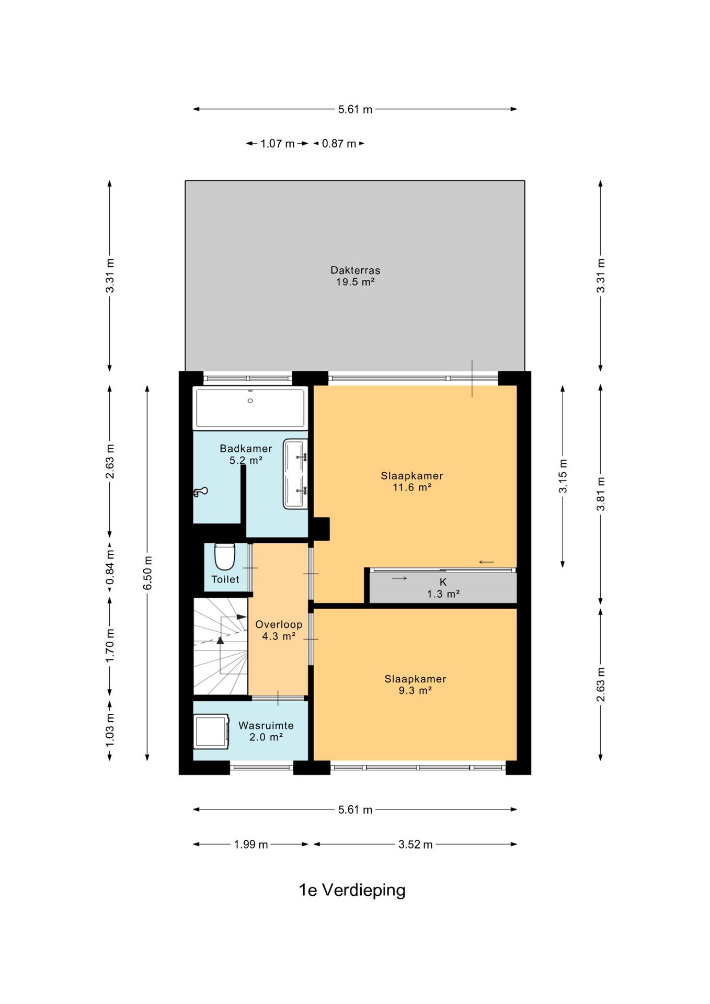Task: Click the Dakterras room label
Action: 355,270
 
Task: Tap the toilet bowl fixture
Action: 225,556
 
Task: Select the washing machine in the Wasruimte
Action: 211,731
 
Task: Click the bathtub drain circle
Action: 250,401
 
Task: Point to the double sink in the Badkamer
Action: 295,474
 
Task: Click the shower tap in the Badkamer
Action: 201,492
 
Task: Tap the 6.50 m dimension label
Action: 148,573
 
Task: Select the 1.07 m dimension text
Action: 278,144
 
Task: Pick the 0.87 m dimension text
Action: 339,144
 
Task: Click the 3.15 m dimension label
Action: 563,476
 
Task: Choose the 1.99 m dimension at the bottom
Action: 251,845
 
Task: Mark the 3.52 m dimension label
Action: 416,845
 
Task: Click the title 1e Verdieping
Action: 352,890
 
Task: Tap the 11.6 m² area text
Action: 412,487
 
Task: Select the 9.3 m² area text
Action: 415,690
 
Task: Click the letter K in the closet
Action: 443,582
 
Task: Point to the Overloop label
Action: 279,624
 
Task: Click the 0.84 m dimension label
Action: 110,567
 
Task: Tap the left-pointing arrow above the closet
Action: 486,562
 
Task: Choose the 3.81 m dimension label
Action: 601,494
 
